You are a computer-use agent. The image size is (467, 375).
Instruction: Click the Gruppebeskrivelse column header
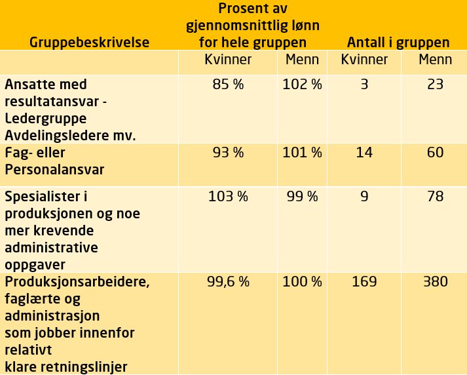tap(89, 43)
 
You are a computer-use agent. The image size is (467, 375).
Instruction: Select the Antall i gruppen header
tap(398, 43)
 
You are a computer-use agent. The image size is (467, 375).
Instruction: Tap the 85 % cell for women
tap(228, 85)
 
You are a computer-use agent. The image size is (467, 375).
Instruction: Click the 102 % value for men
tap(302, 85)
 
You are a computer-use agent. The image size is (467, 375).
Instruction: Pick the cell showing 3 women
tap(364, 85)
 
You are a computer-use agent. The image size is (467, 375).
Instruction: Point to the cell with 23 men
tap(435, 85)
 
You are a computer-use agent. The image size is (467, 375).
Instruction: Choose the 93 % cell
tap(228, 153)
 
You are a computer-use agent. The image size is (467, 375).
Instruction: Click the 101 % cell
tap(302, 153)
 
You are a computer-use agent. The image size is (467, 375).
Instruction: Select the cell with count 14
tap(364, 153)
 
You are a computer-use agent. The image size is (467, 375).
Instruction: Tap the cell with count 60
tap(435, 153)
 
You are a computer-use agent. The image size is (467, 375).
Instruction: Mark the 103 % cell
tap(228, 196)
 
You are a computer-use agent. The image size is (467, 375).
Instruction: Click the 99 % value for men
tap(302, 196)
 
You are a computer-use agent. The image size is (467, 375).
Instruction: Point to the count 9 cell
tap(364, 196)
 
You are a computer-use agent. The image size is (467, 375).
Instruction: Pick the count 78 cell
tap(435, 196)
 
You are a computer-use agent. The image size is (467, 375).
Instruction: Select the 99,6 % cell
tap(228, 282)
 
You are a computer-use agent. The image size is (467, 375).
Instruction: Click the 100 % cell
tap(302, 282)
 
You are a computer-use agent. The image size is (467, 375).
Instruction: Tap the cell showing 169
tap(364, 282)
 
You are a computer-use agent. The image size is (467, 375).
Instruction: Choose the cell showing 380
tap(435, 282)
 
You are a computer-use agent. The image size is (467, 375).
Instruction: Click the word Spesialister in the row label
tap(45, 197)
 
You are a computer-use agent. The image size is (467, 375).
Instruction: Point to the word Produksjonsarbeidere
tap(77, 283)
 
